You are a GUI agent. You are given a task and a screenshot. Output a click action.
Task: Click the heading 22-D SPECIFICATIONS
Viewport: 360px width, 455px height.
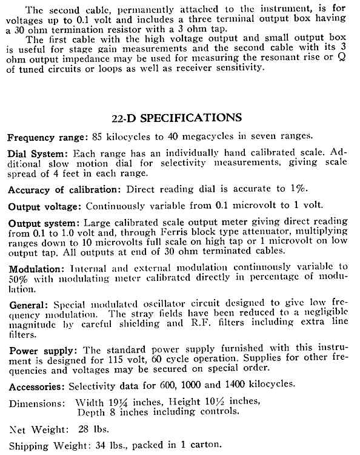pyautogui.click(x=179, y=117)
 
